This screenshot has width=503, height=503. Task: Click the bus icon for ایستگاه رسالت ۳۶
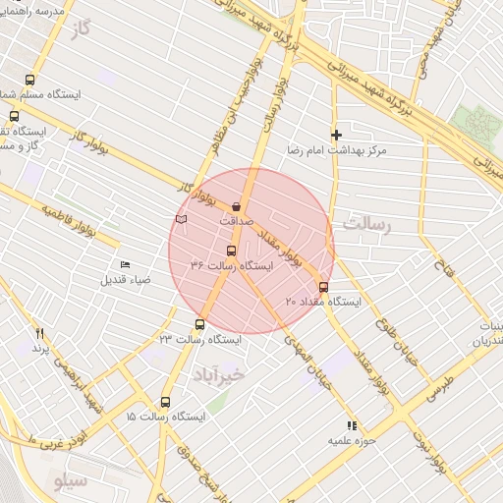coord(232,251)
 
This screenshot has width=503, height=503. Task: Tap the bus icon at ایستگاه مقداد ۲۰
coord(324,287)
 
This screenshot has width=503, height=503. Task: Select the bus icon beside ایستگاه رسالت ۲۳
coord(200,325)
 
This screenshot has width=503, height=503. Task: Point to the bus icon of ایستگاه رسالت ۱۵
coord(164,402)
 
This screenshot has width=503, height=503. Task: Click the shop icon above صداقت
coord(238,206)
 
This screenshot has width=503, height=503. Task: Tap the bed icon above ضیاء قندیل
coord(125,265)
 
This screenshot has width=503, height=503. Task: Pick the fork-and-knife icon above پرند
coord(40,334)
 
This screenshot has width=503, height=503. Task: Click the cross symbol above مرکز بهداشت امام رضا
coord(337,135)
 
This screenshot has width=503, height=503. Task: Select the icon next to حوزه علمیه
coord(349,425)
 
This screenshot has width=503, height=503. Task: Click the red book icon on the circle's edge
coord(180,218)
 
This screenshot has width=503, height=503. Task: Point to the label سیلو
coord(72,481)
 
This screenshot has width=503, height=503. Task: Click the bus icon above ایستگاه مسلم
coord(29,81)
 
